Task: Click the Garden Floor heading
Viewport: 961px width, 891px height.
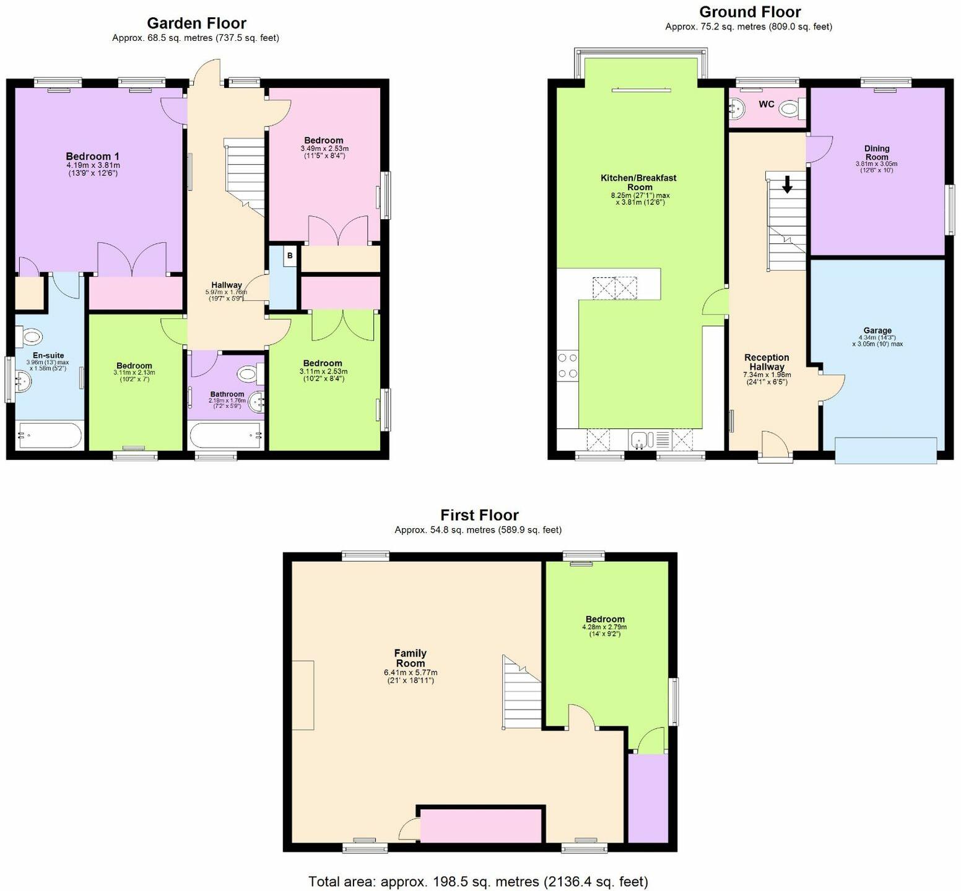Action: click(196, 24)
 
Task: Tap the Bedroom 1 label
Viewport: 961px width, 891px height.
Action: click(93, 157)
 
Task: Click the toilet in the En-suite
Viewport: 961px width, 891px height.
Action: click(30, 337)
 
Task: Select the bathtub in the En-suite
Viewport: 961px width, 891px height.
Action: click(50, 435)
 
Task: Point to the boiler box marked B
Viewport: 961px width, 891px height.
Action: click(290, 256)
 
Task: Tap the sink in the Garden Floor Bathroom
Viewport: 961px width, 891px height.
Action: click(258, 401)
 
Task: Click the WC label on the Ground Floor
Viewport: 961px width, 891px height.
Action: click(767, 104)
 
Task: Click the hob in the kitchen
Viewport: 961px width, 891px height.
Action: click(568, 365)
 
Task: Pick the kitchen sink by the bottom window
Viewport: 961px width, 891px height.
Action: click(640, 440)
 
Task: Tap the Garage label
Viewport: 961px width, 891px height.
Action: click(877, 331)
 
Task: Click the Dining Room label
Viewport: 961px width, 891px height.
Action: click(877, 152)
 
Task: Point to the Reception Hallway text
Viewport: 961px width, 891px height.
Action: click(767, 362)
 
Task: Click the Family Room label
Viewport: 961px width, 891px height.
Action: click(411, 658)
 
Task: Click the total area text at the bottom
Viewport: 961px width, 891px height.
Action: click(478, 881)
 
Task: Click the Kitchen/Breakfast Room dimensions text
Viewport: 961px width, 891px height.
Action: click(640, 199)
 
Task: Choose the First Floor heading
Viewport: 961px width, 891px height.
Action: click(479, 515)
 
